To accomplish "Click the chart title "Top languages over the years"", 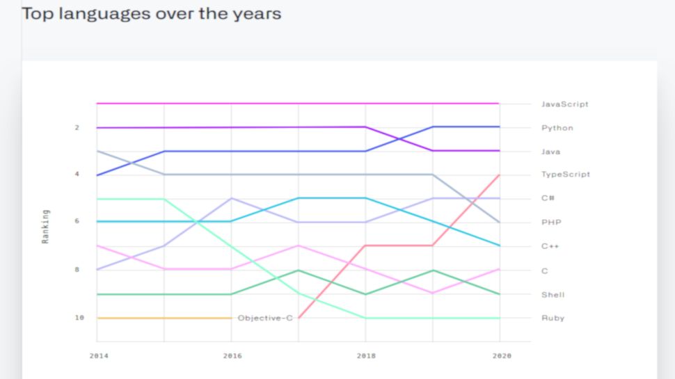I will [x=152, y=13].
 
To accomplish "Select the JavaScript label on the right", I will [x=564, y=104].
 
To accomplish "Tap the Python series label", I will [x=557, y=128].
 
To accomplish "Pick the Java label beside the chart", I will [x=550, y=152].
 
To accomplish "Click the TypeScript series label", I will [x=565, y=175].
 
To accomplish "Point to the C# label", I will [x=548, y=198].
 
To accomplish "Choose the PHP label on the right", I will [x=550, y=223].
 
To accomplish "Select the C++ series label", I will [x=550, y=246].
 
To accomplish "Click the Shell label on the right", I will [x=553, y=295].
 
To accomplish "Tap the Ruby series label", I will [x=553, y=318].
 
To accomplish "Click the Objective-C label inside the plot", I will [x=265, y=318].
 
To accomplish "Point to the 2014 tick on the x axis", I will [x=98, y=355].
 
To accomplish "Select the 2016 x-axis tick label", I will [x=232, y=355].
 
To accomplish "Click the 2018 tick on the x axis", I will [x=365, y=355].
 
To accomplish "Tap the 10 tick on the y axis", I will [x=79, y=318].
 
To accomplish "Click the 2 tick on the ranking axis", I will [x=77, y=128].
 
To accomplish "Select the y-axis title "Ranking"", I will [x=46, y=226].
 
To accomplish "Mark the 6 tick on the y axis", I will [x=77, y=222].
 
